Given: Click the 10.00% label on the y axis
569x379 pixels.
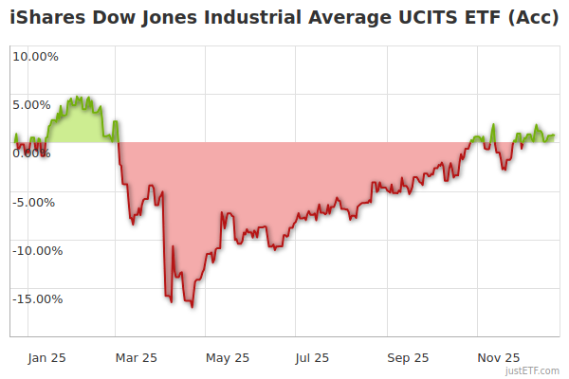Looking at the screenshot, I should [x=35, y=56].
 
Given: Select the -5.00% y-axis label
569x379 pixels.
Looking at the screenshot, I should [x=35, y=202].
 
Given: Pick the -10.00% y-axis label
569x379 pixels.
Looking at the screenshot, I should [x=35, y=251].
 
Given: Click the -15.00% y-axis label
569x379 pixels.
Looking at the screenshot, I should [x=35, y=299].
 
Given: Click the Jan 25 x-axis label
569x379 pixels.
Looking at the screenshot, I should [x=46, y=358].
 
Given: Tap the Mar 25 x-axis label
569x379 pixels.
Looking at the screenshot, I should [x=136, y=358].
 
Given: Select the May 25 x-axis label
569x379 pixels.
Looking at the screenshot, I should [x=227, y=358].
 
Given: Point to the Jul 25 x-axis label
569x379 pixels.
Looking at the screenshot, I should [x=312, y=358].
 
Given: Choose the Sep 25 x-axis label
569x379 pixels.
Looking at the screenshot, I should [x=408, y=358].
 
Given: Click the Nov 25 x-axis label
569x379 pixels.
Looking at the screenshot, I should [x=498, y=358].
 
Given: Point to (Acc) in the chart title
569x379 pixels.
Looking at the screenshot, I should [x=525, y=17].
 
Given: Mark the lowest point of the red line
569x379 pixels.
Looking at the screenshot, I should [x=192, y=306].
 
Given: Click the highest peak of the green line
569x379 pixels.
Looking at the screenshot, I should [x=80, y=97].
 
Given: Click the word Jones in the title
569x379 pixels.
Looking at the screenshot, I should [x=156, y=17].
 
